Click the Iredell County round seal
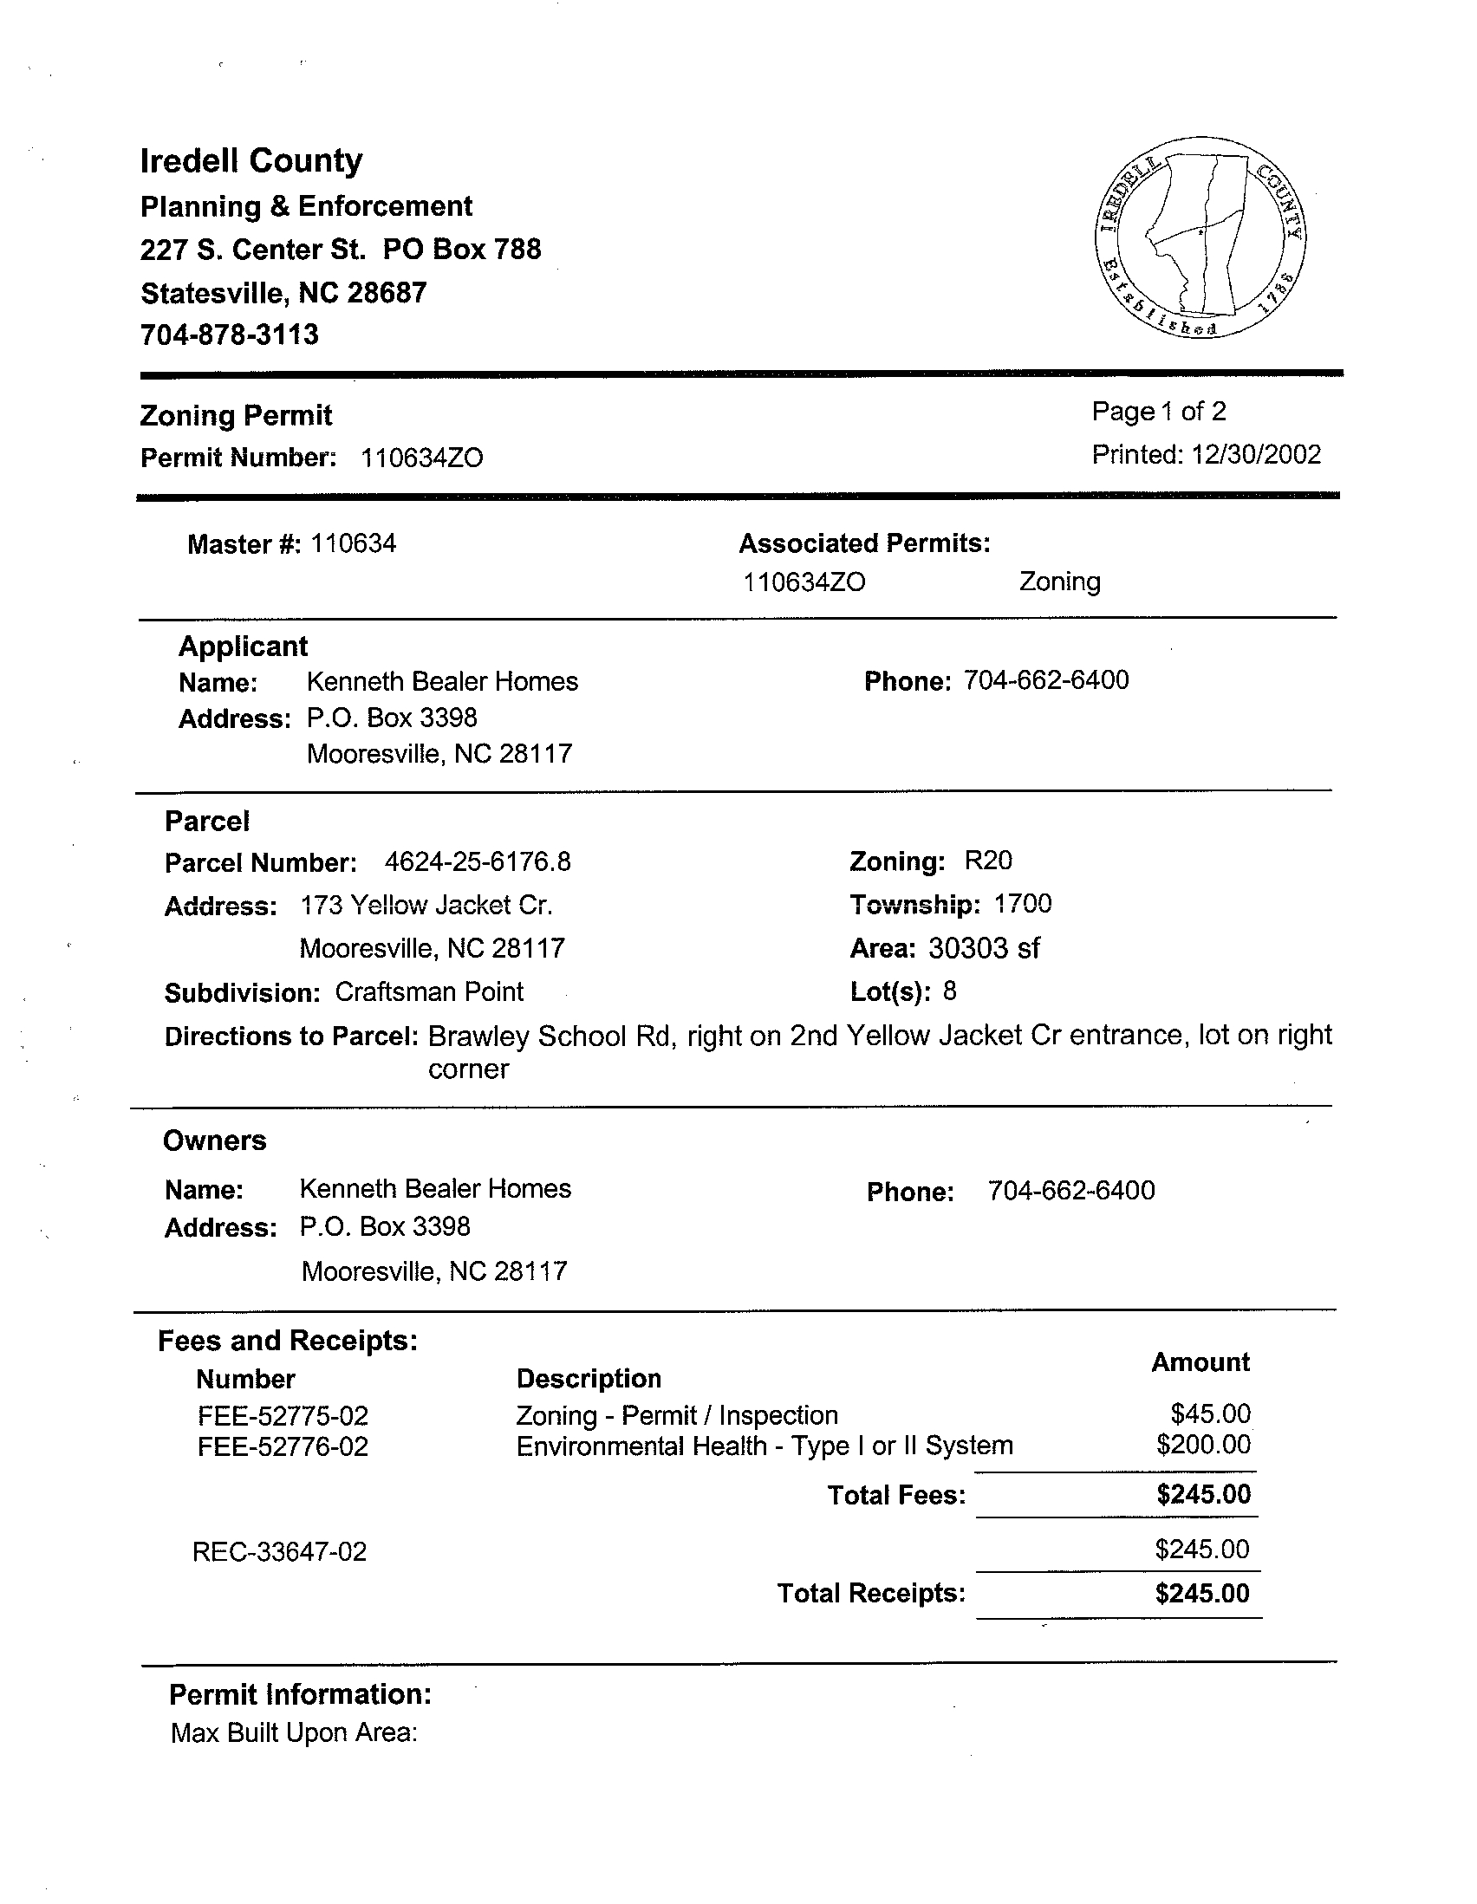pos(1200,237)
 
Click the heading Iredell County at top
pos(251,160)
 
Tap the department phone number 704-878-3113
pos(230,335)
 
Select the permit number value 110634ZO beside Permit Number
pos(422,458)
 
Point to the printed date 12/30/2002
pos(1257,454)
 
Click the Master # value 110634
pos(353,544)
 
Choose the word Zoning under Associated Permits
pos(1059,582)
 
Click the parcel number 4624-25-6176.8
pos(477,862)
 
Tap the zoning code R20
pos(988,861)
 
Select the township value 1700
pos(1023,904)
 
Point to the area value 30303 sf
pos(984,947)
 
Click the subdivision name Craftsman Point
pos(429,992)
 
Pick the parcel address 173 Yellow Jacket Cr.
pos(426,906)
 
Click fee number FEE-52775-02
pos(283,1415)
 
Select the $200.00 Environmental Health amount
pos(1203,1446)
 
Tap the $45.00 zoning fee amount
pos(1210,1413)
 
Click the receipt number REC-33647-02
pos(280,1552)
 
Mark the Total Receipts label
pos(871,1594)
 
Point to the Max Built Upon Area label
pos(294,1732)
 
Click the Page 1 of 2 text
pos(1159,411)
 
